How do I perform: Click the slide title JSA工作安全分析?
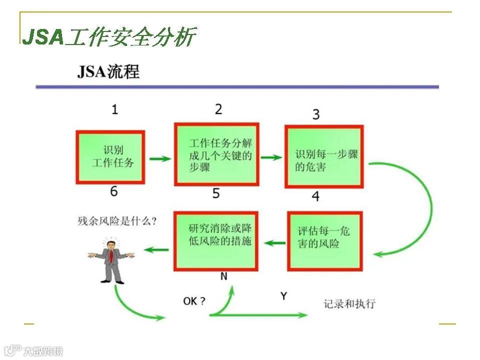coord(109,36)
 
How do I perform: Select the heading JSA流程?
coord(108,71)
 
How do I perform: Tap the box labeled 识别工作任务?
coord(111,157)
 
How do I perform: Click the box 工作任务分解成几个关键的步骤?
coord(216,154)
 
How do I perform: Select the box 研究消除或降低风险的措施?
coord(216,240)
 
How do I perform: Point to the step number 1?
coord(114,109)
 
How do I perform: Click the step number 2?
coord(218,109)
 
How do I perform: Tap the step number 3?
coord(316,114)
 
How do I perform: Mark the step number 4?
coord(315,196)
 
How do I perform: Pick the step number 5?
coord(216,193)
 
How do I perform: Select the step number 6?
coord(114,191)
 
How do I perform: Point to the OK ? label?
coord(194,301)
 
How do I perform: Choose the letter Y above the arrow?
coord(283,296)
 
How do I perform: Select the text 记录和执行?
coord(349,303)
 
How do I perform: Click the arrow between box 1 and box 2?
coord(160,159)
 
